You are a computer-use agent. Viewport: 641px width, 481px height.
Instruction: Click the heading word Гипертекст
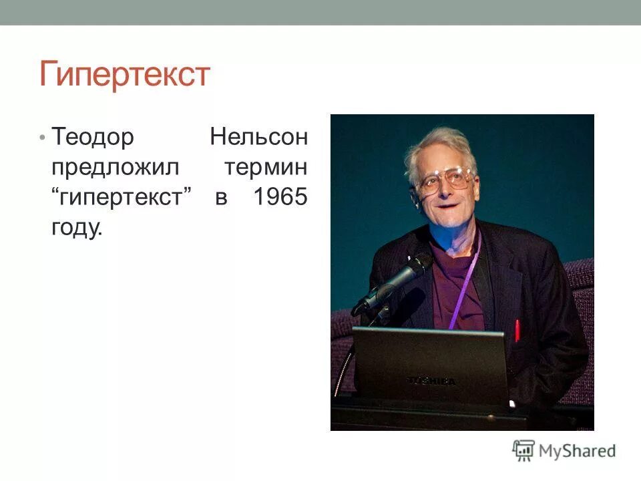125,74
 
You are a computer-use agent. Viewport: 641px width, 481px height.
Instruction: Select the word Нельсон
259,138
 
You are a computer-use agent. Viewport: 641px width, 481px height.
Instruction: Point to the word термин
266,168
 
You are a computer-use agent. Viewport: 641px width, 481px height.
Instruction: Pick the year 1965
280,198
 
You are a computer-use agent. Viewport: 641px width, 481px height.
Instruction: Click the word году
77,228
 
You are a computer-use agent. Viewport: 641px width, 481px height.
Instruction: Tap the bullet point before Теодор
42,138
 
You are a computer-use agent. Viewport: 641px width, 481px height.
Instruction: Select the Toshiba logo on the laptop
432,381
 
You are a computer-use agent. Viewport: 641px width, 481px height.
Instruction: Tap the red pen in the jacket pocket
516,330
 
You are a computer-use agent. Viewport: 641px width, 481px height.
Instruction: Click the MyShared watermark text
578,451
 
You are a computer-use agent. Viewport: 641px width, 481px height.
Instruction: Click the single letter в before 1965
222,198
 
